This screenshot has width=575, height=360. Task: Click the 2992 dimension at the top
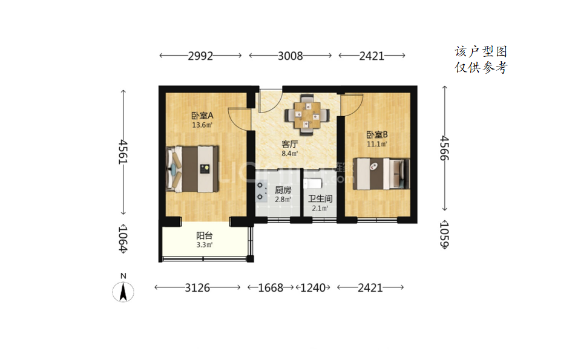click(x=200, y=56)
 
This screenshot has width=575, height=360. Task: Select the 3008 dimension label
click(x=290, y=56)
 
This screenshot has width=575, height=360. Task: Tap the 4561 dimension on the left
click(x=123, y=152)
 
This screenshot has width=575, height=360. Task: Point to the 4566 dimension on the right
click(x=444, y=148)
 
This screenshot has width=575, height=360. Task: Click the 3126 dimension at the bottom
click(x=197, y=287)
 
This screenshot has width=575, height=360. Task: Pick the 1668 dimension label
click(x=271, y=287)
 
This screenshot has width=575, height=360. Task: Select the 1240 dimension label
click(x=313, y=287)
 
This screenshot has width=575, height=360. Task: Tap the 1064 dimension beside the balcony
click(x=123, y=238)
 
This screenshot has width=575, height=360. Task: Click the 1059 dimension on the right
click(x=444, y=234)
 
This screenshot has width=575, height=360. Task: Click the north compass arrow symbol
click(x=123, y=292)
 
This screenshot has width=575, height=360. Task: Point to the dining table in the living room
click(x=307, y=115)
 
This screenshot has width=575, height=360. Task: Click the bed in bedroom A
click(x=192, y=169)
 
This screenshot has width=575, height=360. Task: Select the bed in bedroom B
click(x=381, y=174)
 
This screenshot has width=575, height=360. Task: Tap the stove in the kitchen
click(x=261, y=191)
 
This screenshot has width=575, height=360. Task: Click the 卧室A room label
click(x=202, y=116)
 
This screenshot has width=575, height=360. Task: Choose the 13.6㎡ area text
click(x=202, y=125)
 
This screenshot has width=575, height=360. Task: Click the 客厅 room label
click(x=290, y=145)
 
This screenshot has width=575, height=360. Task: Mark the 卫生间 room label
click(x=320, y=198)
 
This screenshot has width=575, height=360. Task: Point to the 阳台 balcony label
click(x=204, y=236)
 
